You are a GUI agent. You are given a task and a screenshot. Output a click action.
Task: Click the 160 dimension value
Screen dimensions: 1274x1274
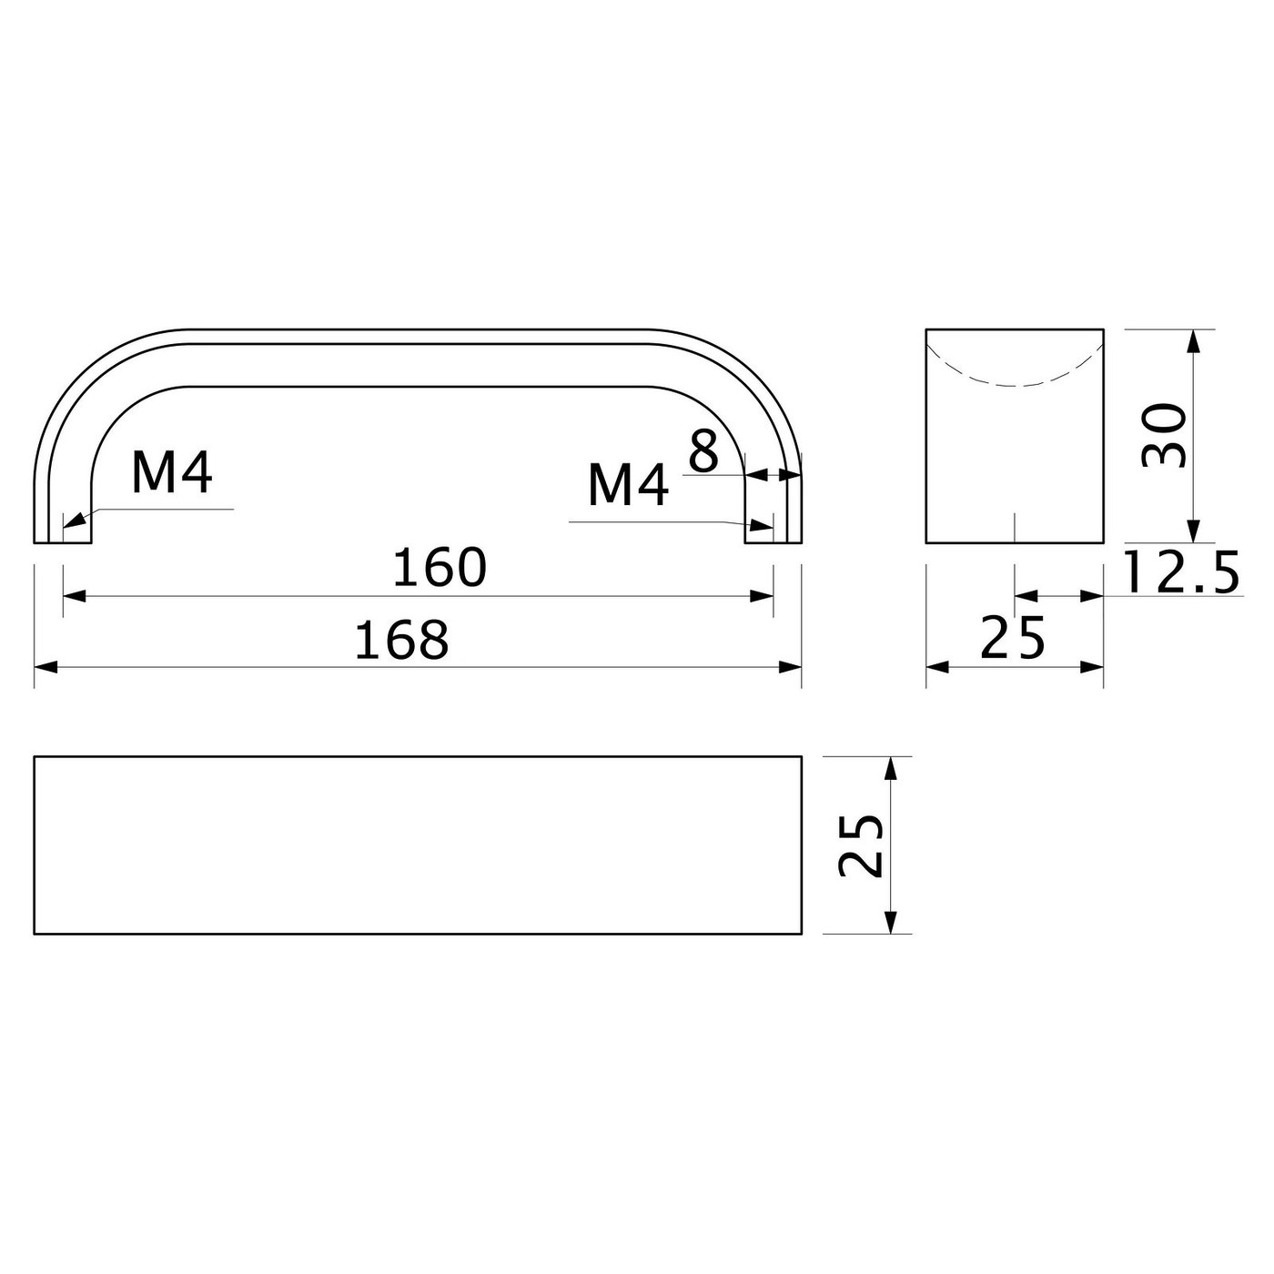pyautogui.click(x=440, y=568)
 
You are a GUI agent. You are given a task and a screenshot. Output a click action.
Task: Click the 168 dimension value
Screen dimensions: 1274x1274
pyautogui.click(x=401, y=640)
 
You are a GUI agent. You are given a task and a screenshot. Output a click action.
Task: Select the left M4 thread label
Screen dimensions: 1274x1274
pyautogui.click(x=172, y=472)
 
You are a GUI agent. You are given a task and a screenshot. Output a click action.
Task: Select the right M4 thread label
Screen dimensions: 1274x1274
pyautogui.click(x=628, y=485)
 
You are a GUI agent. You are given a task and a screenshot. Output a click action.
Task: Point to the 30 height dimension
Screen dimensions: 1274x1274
pyautogui.click(x=1165, y=436)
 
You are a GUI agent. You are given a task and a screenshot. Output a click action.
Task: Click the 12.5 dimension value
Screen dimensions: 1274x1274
pyautogui.click(x=1181, y=573)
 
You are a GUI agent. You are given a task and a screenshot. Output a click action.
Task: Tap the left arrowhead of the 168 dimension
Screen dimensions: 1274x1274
pyautogui.click(x=46, y=667)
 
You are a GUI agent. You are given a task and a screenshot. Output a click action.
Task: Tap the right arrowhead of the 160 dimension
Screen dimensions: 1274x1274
pyautogui.click(x=762, y=596)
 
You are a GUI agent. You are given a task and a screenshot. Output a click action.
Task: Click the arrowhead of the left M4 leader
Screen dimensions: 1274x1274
pyautogui.click(x=74, y=521)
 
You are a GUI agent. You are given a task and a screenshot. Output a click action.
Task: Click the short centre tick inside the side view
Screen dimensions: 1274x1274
pyautogui.click(x=1015, y=528)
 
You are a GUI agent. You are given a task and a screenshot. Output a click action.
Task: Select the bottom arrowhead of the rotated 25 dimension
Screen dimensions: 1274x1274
pyautogui.click(x=892, y=922)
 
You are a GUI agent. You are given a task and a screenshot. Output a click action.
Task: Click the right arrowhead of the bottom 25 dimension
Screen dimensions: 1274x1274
pyautogui.click(x=1092, y=667)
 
